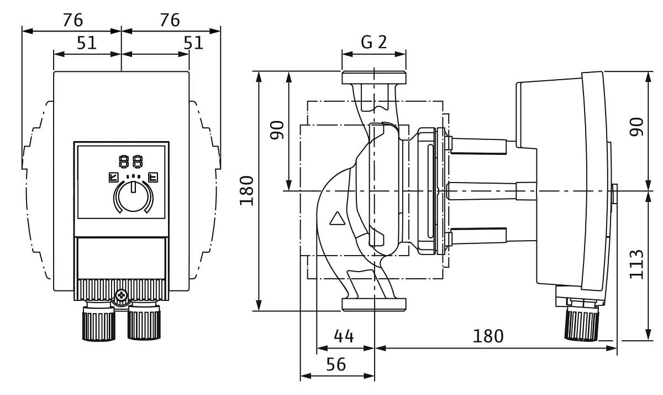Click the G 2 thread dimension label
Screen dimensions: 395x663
(x=374, y=43)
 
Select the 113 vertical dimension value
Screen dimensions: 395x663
(x=637, y=264)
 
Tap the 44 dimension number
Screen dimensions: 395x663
(x=343, y=336)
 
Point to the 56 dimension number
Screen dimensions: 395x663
(x=335, y=365)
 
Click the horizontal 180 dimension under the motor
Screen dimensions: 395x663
(x=488, y=336)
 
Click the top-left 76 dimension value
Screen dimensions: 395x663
(x=72, y=20)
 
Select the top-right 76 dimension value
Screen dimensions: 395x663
(x=170, y=20)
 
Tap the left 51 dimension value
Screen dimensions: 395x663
(x=87, y=43)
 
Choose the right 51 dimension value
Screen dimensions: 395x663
(x=193, y=43)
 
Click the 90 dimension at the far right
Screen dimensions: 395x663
(x=637, y=127)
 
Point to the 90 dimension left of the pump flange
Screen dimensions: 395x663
(x=277, y=129)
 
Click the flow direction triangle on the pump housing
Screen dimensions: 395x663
(x=336, y=219)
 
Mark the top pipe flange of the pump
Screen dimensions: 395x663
(x=374, y=78)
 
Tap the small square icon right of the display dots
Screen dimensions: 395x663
(x=153, y=178)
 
